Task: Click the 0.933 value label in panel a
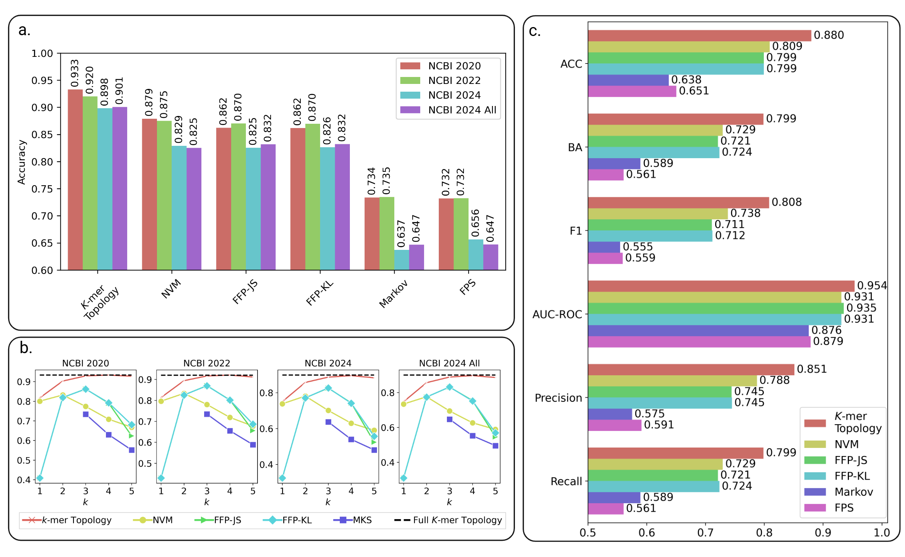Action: tap(75, 73)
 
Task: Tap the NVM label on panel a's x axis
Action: tap(171, 289)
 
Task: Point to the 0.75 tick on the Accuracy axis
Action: tap(42, 189)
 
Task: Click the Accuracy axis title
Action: tap(22, 162)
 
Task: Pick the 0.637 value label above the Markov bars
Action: tap(401, 234)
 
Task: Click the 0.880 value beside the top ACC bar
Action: tap(829, 35)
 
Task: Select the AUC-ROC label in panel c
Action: tap(557, 314)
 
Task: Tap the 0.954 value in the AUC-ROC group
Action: tap(872, 285)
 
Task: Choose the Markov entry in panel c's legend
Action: tap(854, 492)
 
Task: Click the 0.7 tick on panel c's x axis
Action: tap(706, 533)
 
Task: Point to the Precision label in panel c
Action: tap(558, 398)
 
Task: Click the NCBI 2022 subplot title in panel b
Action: tap(206, 363)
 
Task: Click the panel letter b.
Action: tap(26, 348)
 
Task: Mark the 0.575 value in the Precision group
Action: tap(649, 414)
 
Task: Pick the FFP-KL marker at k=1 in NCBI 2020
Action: tap(40, 478)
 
